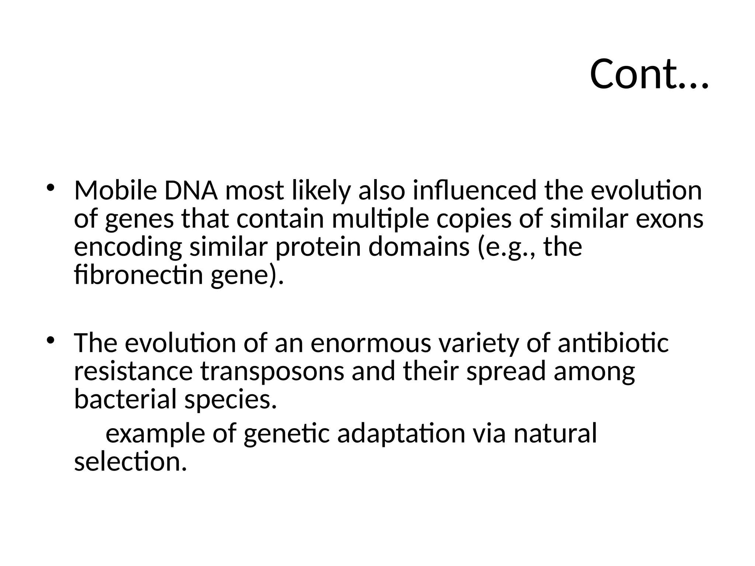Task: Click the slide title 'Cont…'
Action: coord(648,75)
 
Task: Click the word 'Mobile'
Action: coord(115,191)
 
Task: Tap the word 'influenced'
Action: coord(474,191)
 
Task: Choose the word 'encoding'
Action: coord(128,248)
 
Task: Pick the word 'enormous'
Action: coord(370,343)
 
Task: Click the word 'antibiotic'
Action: coord(613,343)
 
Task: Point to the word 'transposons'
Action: coord(272,371)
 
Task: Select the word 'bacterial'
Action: coord(125,399)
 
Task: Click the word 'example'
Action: coord(155,434)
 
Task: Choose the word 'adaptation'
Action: coord(401,434)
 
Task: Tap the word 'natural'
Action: coord(555,434)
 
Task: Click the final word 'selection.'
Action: coord(131,462)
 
